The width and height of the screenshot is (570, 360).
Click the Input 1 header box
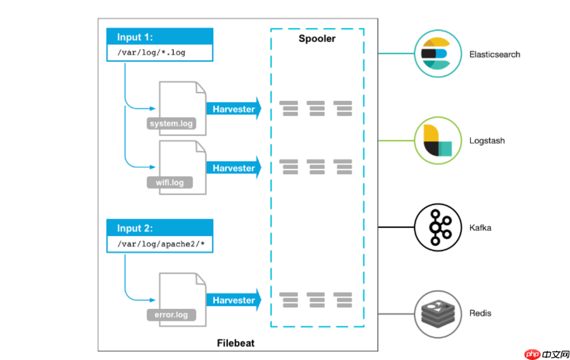[x=160, y=37]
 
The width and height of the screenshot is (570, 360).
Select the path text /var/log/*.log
[x=151, y=53]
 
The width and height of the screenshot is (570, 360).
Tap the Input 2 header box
[x=160, y=228]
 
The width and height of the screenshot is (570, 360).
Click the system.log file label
[x=171, y=124]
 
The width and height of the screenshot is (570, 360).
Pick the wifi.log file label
[x=169, y=183]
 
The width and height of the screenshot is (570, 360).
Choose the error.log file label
[x=171, y=314]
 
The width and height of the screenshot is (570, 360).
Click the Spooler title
[x=317, y=39]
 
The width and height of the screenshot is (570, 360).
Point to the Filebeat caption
[x=236, y=343]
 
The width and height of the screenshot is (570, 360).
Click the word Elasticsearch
[x=495, y=55]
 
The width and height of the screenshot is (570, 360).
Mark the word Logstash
[x=487, y=141]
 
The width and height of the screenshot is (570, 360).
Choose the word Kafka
[x=480, y=228]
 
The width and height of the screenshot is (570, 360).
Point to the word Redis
[x=480, y=313]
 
